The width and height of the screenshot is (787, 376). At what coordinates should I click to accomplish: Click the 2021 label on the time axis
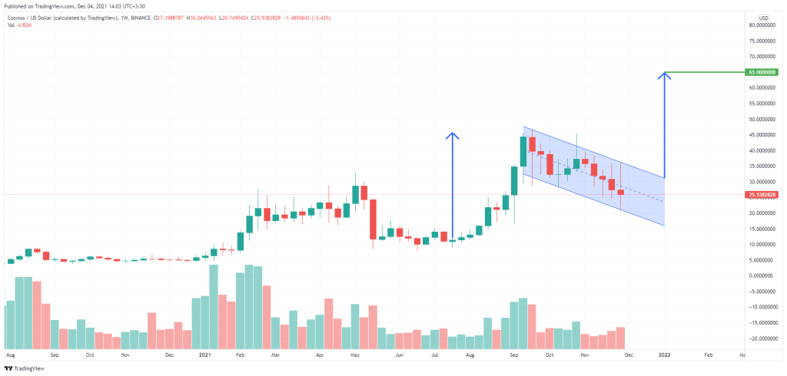coord(204,355)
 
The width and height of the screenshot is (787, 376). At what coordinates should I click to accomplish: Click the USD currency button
coord(763,17)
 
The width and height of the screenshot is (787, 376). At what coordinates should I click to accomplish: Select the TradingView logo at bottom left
coord(23,368)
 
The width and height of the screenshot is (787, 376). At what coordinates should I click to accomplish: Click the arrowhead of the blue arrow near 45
coord(453,137)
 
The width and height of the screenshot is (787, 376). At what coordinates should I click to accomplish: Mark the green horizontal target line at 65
coord(707,73)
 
